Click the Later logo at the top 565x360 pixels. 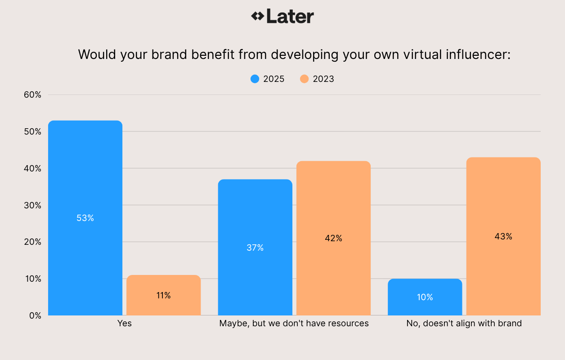pos(282,17)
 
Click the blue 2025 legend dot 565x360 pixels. pos(255,79)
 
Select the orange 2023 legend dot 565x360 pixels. pos(305,79)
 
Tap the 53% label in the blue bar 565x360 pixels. pos(85,218)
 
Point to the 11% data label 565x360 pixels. pos(163,295)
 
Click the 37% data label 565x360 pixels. pos(255,247)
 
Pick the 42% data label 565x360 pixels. pos(333,238)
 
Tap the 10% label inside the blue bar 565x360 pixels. pos(425,297)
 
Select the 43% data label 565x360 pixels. pos(503,236)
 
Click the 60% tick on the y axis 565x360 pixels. pos(32,95)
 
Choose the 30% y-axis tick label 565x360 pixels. pos(32,205)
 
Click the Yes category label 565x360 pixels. pos(124,323)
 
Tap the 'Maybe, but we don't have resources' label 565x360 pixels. pos(294,323)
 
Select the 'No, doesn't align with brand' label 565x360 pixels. pos(464,323)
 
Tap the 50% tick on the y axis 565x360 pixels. pos(32,132)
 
